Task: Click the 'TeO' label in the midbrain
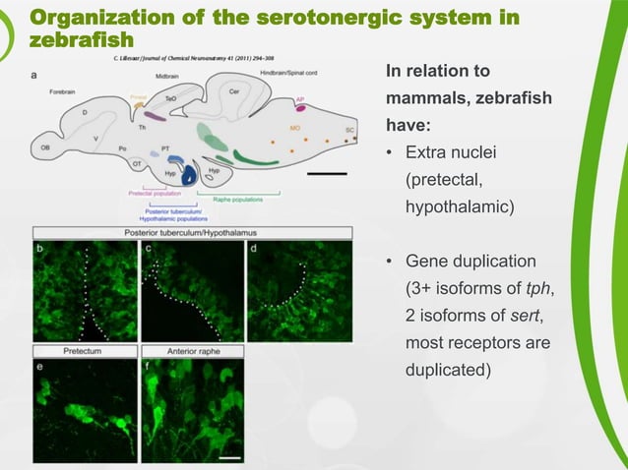pyautogui.click(x=170, y=99)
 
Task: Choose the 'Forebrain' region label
pyautogui.click(x=63, y=91)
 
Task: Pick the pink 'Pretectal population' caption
pyautogui.click(x=154, y=194)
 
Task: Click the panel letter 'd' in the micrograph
pyautogui.click(x=254, y=249)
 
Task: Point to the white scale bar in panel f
pyautogui.click(x=230, y=456)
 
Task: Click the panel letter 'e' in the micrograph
pyautogui.click(x=39, y=365)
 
